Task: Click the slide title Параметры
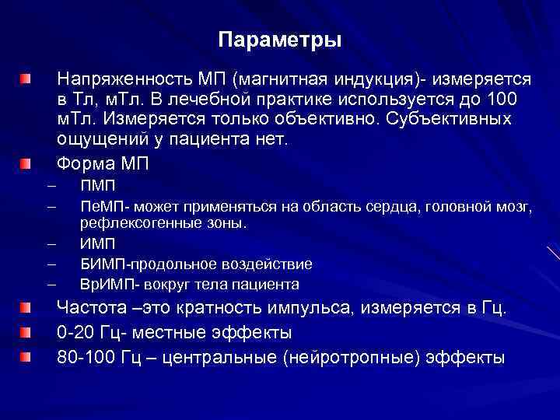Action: pos(279,40)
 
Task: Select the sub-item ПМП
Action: pos(97,187)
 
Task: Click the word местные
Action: pos(175,333)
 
